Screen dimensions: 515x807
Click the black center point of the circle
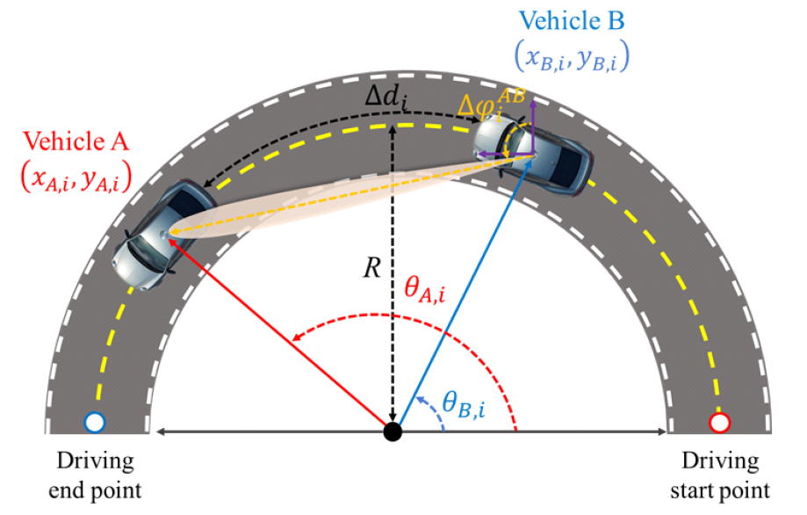point(393,432)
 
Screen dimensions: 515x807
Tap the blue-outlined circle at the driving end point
point(95,424)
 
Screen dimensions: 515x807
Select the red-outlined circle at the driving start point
point(719,424)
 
